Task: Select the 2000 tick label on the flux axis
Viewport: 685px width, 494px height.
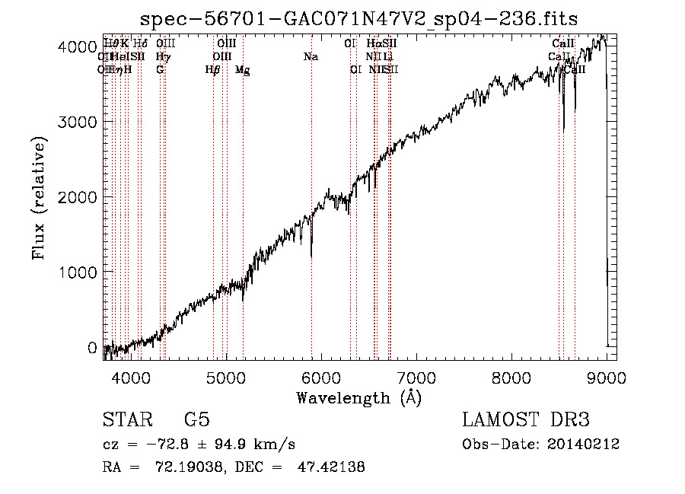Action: click(81, 197)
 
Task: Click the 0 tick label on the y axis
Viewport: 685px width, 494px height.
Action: click(92, 348)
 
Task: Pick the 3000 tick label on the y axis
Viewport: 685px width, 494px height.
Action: click(81, 122)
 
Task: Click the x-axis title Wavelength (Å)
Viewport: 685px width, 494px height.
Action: click(358, 397)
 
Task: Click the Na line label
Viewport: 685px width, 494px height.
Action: click(311, 57)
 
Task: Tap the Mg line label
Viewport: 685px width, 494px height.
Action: click(243, 70)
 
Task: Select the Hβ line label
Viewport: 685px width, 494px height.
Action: click(213, 70)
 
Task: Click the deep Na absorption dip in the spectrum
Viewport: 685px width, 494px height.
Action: click(311, 255)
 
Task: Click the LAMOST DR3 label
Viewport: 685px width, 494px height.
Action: click(525, 420)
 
